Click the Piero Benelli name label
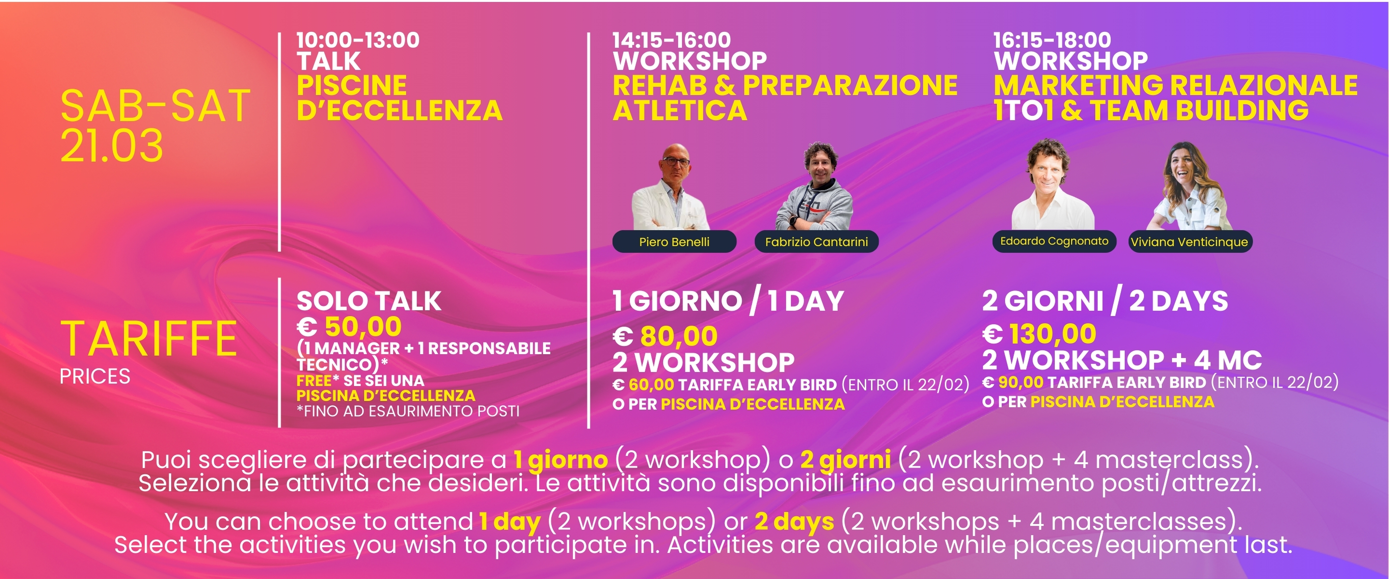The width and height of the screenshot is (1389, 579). [674, 241]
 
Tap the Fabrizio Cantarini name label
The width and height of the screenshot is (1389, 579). [817, 241]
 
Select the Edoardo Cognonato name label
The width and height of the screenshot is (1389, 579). [1054, 241]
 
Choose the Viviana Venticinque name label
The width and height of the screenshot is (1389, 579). [1190, 241]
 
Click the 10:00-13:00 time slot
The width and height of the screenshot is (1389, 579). [358, 40]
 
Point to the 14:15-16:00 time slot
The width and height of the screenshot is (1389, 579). [672, 40]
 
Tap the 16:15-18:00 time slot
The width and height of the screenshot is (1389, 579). [1052, 40]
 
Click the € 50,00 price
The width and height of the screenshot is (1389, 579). [349, 327]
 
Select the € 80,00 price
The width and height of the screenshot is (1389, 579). [666, 336]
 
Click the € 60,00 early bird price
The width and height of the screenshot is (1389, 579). [643, 385]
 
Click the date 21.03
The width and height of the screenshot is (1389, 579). [111, 145]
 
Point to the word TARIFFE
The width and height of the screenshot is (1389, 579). [149, 338]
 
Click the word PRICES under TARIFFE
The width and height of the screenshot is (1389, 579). [95, 376]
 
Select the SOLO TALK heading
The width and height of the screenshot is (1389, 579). [369, 301]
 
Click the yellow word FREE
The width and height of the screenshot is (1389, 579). [314, 380]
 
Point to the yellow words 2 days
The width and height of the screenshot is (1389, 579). [794, 521]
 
